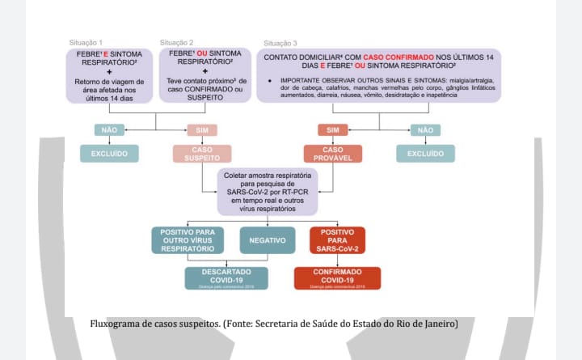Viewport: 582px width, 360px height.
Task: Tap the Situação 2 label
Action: tap(176, 42)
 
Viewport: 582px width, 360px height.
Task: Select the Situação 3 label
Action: tap(280, 43)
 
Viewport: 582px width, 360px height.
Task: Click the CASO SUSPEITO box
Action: tap(202, 154)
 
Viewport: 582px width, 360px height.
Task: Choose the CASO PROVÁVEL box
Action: tap(332, 154)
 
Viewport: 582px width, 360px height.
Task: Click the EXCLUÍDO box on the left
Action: tap(109, 154)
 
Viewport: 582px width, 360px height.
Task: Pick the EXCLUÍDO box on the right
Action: tap(425, 154)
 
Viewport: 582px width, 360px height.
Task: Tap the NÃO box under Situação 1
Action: tap(109, 129)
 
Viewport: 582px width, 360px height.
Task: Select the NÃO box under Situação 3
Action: tap(425, 129)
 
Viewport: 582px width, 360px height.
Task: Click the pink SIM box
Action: tap(202, 129)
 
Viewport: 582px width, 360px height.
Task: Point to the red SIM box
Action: tap(332, 129)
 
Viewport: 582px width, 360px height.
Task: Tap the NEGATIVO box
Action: tap(267, 240)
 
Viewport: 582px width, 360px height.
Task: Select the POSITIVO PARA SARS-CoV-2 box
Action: tap(337, 240)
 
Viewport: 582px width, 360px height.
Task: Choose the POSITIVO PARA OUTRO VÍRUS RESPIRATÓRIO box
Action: tap(188, 240)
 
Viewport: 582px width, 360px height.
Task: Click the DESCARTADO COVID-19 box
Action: tap(226, 277)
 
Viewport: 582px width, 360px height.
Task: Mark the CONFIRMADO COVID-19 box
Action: tap(337, 277)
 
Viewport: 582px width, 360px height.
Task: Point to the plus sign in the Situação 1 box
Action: tap(108, 70)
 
